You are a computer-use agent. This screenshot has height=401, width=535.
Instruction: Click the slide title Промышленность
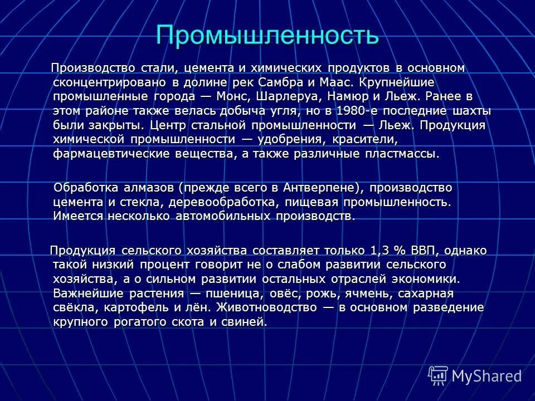(x=267, y=36)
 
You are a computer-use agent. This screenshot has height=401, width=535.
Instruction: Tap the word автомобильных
(x=222, y=216)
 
